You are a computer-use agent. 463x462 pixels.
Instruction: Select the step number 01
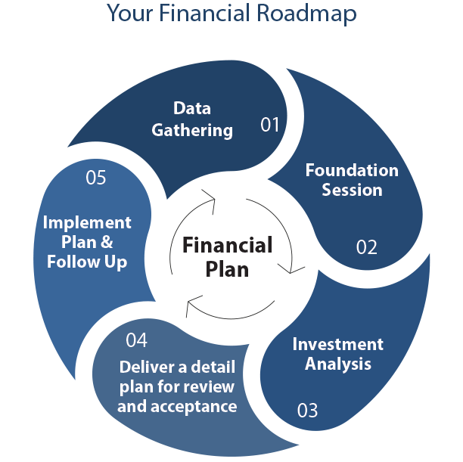coord(270,124)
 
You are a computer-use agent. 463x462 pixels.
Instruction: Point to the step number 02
coord(366,247)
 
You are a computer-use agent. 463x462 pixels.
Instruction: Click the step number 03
coord(307,411)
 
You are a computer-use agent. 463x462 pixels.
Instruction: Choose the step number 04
coord(136,340)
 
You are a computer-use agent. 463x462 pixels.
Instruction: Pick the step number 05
coord(95,178)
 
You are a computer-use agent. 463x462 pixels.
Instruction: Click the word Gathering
coord(192,130)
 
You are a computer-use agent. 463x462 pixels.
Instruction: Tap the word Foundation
coord(352,170)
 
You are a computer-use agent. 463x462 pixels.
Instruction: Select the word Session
coord(352,190)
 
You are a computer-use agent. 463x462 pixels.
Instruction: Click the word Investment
coord(338,345)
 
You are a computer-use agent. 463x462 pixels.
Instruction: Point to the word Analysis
coord(338,364)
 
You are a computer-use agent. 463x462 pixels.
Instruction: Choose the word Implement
coord(87,222)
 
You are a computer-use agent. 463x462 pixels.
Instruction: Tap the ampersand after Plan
coord(106,243)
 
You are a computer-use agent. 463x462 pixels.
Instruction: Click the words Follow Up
coord(87,262)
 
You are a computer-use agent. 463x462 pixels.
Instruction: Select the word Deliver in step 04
coord(145,368)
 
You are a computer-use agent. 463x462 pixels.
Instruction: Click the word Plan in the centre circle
coord(227,268)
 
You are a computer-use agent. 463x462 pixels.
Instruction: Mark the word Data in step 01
coord(192,108)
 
